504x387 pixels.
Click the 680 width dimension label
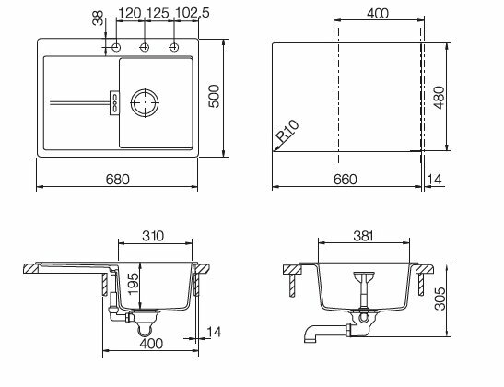coord(117,180)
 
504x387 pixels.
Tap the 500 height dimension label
coord(214,96)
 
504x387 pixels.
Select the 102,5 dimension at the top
coord(193,13)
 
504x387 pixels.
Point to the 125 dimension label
coord(158,13)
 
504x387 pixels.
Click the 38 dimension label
coord(98,18)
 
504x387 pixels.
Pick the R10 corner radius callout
coord(288,131)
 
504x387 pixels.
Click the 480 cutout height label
coord(439,98)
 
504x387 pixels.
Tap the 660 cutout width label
coord(345,180)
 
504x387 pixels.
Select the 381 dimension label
coord(364,236)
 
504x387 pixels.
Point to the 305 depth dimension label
coord(440,299)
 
